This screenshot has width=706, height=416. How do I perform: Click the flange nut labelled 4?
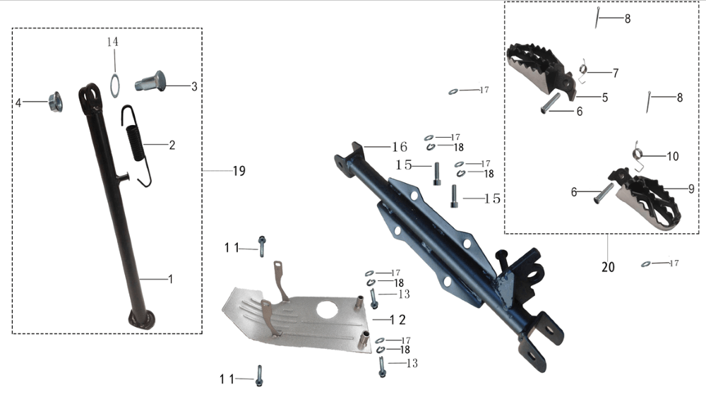(x=55, y=102)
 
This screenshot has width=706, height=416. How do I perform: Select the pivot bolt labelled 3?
(x=150, y=83)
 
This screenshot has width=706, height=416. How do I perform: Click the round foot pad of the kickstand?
(x=141, y=319)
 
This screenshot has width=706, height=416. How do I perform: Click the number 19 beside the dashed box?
(x=239, y=171)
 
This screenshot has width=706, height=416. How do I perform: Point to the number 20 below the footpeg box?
(x=608, y=267)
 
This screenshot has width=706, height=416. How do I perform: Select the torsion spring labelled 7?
(x=582, y=71)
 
